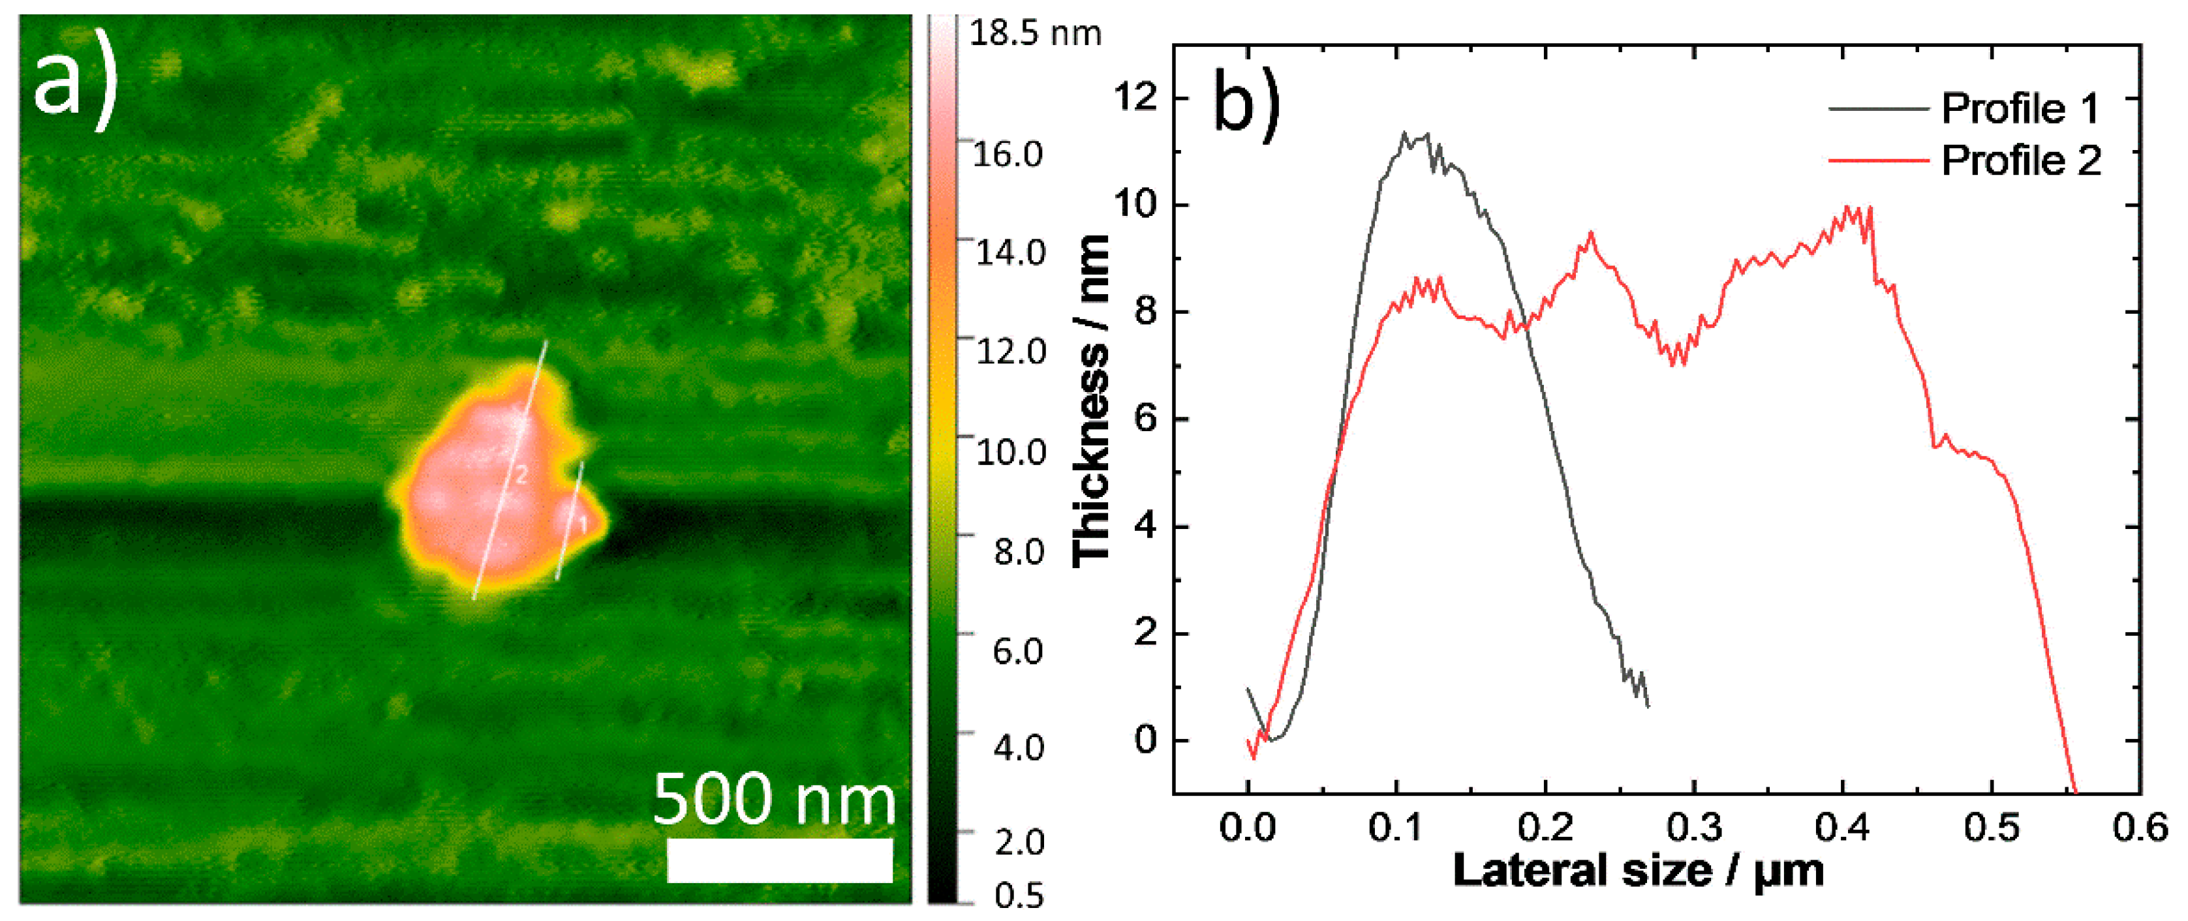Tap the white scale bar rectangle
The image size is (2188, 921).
tap(779, 860)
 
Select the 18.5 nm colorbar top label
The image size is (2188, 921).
tap(1034, 33)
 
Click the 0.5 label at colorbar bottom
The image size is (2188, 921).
tap(1017, 896)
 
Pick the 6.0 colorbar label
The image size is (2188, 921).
tap(1017, 651)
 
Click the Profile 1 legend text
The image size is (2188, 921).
tap(2020, 109)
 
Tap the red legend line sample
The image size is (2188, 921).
tap(1878, 160)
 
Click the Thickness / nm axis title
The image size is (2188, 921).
tap(1092, 399)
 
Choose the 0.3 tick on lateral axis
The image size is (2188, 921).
tap(1693, 828)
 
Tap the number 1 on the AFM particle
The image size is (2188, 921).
tap(583, 524)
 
